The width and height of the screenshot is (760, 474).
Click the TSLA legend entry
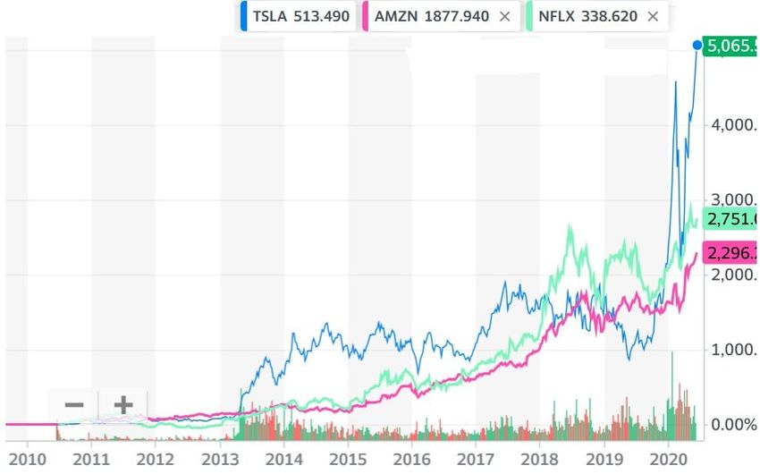pyautogui.click(x=300, y=16)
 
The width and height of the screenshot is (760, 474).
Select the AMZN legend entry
pyautogui.click(x=430, y=16)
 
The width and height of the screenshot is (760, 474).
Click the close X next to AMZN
pyautogui.click(x=505, y=16)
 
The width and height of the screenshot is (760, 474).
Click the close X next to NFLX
pyautogui.click(x=653, y=16)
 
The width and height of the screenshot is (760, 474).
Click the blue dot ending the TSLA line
pyautogui.click(x=697, y=45)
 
